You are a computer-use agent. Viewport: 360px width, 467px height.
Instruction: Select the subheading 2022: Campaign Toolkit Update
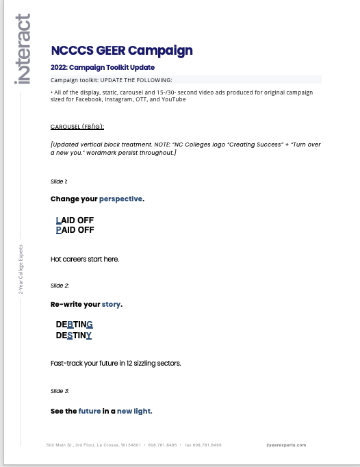[x=103, y=68]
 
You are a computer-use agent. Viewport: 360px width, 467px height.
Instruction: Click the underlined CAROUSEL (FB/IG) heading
[x=77, y=127]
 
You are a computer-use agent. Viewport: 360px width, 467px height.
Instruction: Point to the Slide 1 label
[x=59, y=181]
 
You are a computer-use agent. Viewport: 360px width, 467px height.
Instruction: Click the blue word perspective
[x=120, y=199]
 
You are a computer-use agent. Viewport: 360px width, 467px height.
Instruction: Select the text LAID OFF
[x=75, y=220]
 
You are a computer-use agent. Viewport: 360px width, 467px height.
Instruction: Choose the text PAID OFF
[x=75, y=230]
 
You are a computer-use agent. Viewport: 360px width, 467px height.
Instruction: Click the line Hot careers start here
[x=85, y=260]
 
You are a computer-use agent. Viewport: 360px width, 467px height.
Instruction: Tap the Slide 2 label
[x=60, y=286]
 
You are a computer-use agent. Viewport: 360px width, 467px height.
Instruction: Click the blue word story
[x=111, y=304]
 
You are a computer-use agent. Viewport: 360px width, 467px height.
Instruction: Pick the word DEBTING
[x=75, y=325]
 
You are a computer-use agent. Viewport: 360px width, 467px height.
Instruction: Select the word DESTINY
[x=74, y=336]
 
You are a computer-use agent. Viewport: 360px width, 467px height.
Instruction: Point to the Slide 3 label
[x=60, y=391]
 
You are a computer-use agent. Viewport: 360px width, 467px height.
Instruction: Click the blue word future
[x=89, y=412]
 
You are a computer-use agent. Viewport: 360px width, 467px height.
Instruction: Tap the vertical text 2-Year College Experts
[x=21, y=269]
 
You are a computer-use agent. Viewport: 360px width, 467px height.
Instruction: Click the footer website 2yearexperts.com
[x=286, y=445]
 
